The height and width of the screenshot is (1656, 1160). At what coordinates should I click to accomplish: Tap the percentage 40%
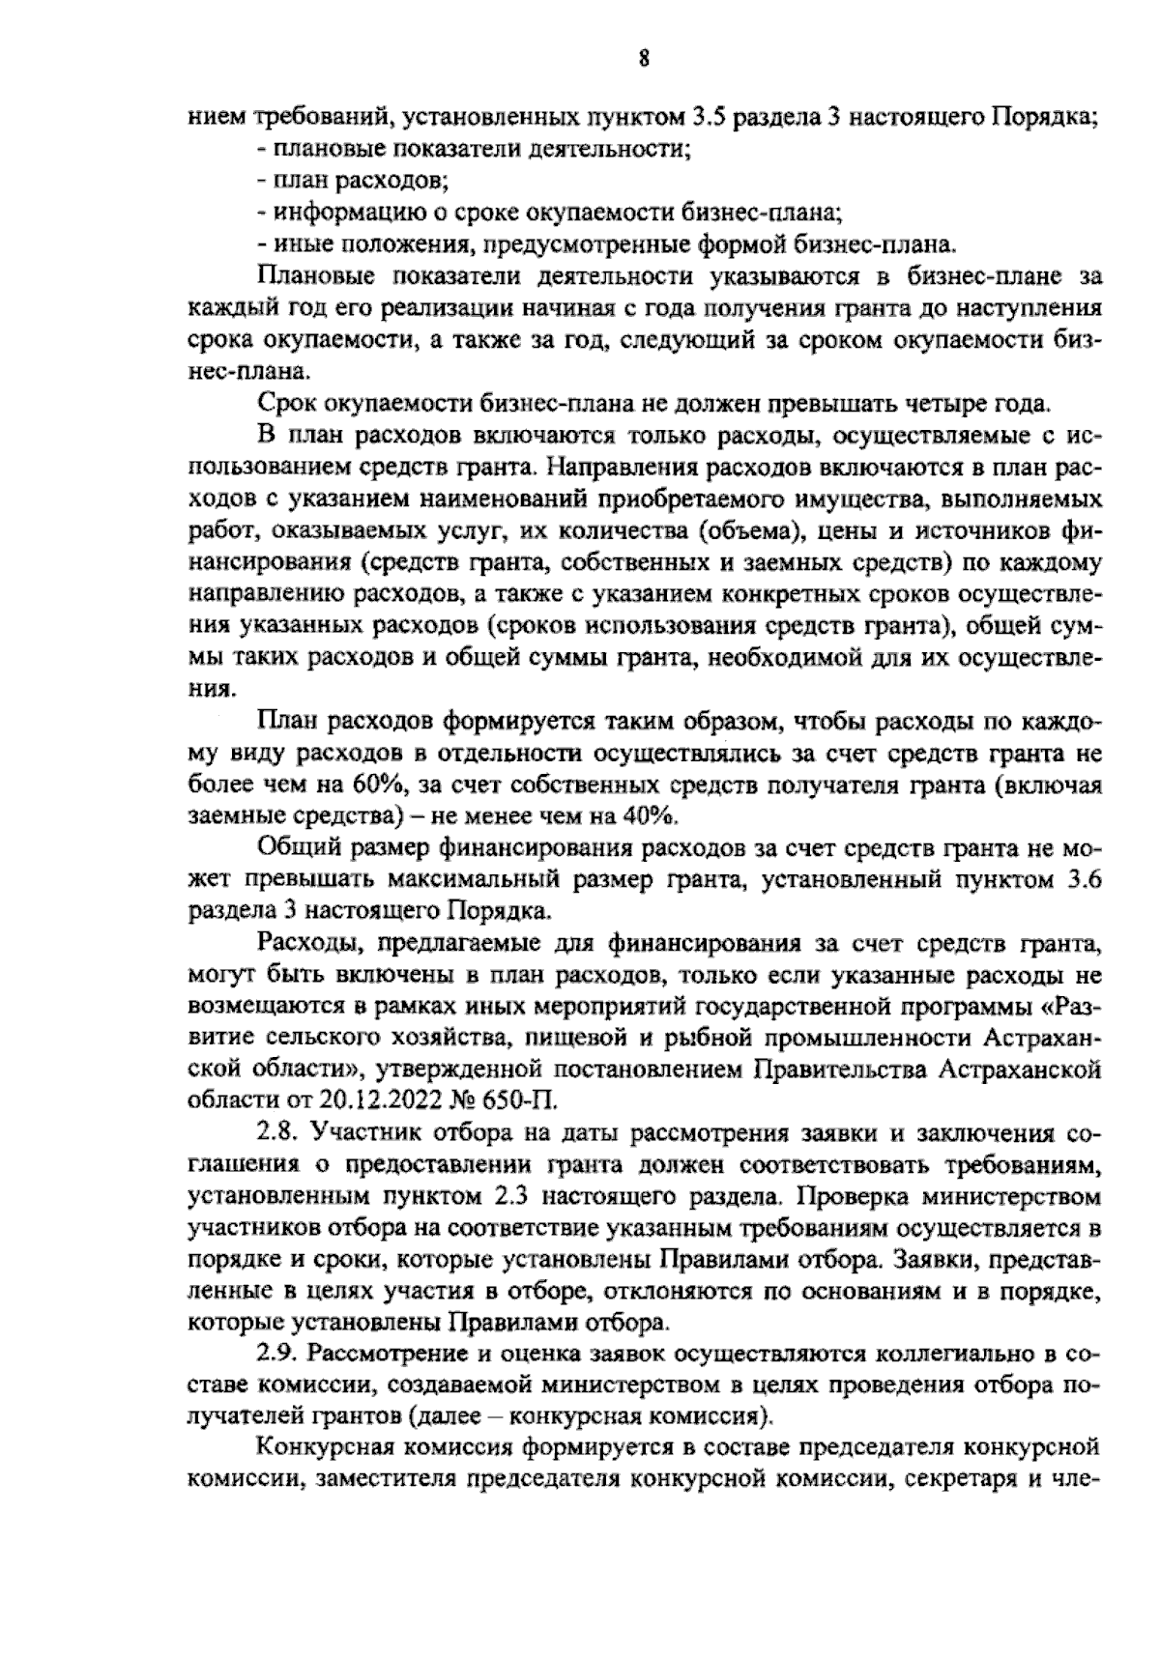[646, 814]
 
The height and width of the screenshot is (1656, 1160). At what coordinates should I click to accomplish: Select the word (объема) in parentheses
[746, 529]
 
